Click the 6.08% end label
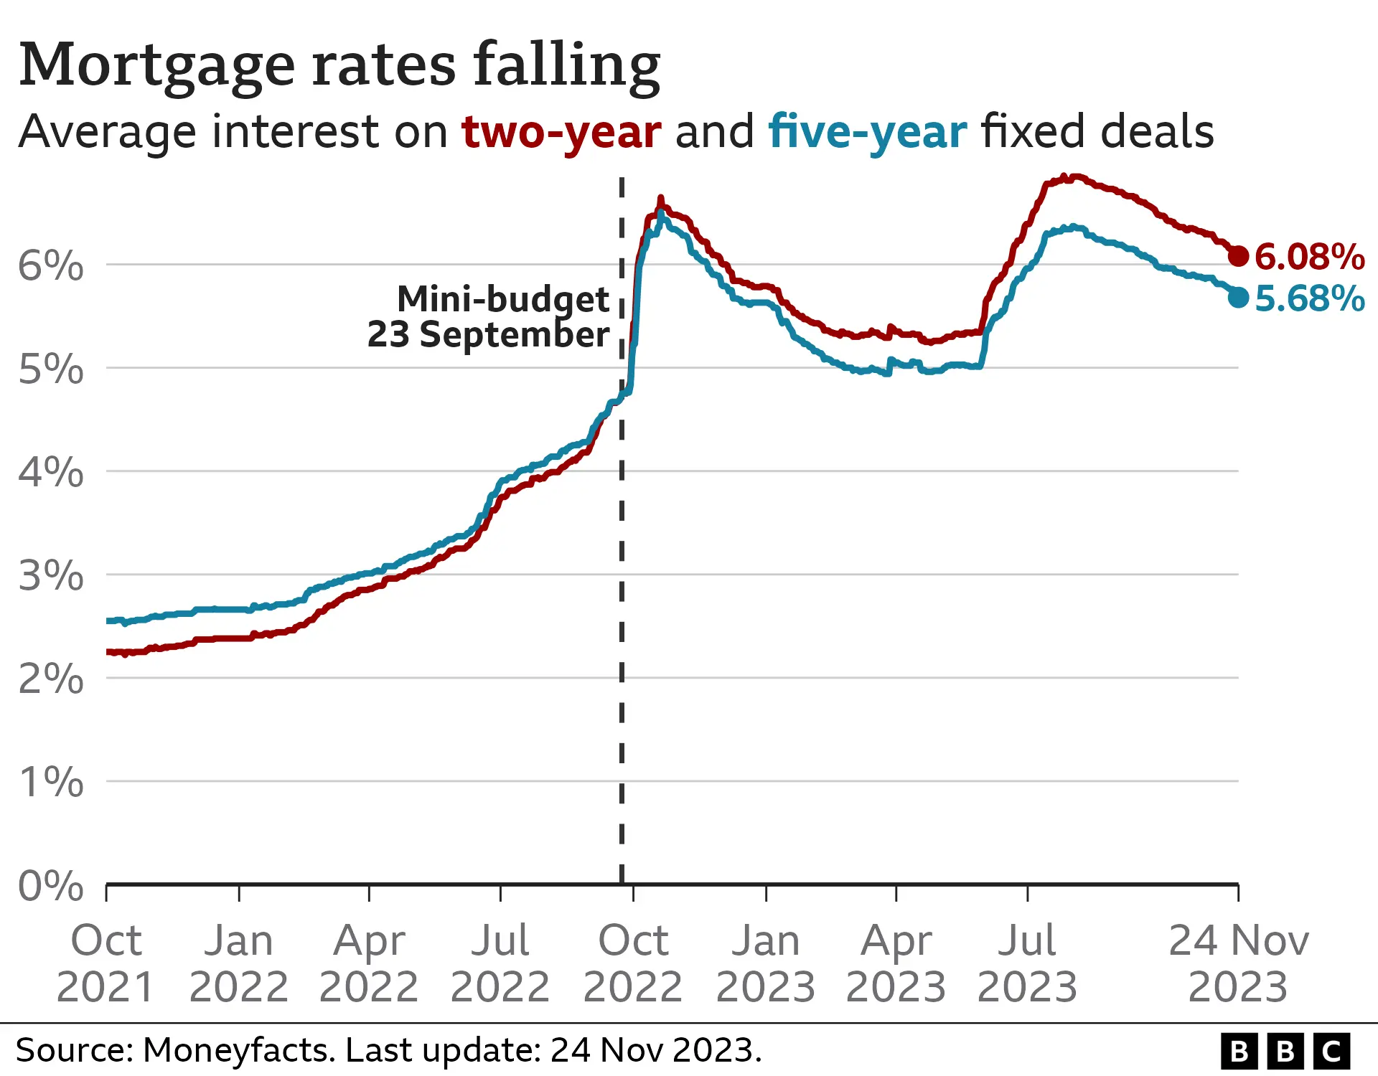pos(1309,257)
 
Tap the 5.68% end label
pos(1309,298)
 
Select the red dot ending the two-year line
pos(1238,255)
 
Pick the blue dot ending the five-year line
pos(1238,296)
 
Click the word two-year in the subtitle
pos(561,133)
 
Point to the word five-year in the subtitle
pos(867,133)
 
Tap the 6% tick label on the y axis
pos(50,266)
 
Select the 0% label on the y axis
pos(50,886)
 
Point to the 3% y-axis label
pos(50,576)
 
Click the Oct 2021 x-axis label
pos(106,963)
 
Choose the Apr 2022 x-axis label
pos(369,963)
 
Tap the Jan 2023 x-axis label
pos(765,963)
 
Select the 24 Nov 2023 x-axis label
pos(1238,963)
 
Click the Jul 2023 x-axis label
pos(1027,963)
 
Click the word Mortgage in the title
pos(156,66)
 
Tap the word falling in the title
pos(566,66)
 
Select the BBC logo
pos(1285,1052)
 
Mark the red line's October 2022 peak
pos(661,199)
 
